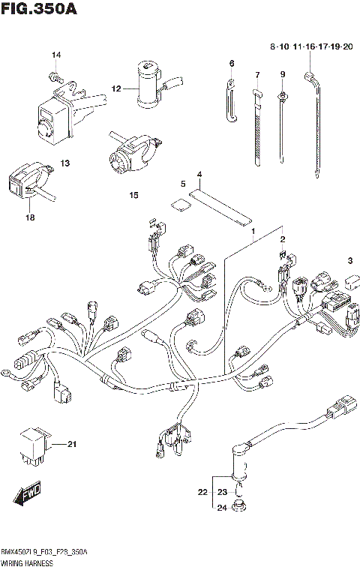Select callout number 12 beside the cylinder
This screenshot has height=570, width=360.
(x=116, y=88)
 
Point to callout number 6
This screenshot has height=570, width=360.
(x=232, y=63)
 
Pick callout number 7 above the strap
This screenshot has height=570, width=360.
(x=256, y=75)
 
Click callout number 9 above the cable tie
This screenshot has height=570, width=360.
(x=283, y=74)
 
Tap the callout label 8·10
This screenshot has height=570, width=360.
(x=280, y=47)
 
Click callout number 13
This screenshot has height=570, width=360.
(x=64, y=163)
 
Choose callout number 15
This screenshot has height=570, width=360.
(x=133, y=195)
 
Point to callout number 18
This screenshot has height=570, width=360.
(x=31, y=217)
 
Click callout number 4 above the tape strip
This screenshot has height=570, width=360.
(x=199, y=175)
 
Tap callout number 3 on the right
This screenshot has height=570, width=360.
(x=349, y=260)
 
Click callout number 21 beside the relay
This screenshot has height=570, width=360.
(x=72, y=445)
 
